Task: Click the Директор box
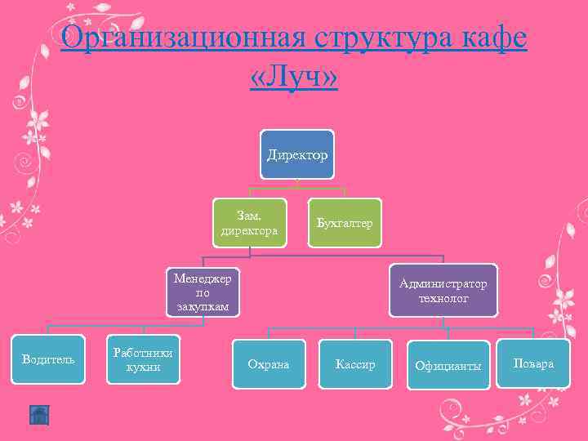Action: coord(297,154)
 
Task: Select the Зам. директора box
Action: coord(249,223)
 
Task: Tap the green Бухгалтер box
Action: coord(345,223)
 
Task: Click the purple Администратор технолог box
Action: coord(443,291)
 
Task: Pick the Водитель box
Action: coord(48,359)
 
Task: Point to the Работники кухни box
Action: coord(143,359)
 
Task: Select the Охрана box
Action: coord(268,364)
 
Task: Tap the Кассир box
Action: coord(355,364)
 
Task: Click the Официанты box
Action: coord(448,365)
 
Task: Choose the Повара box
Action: coord(533,363)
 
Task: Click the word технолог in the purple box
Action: coord(443,300)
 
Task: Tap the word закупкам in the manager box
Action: coord(203,307)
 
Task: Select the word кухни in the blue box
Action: coord(143,367)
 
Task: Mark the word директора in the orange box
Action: coord(249,231)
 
